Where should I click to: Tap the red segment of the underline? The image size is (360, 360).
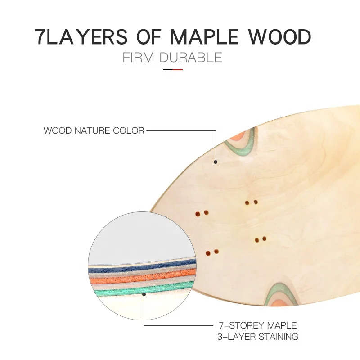pos(178,70)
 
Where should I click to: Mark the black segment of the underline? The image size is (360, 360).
pos(168,70)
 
